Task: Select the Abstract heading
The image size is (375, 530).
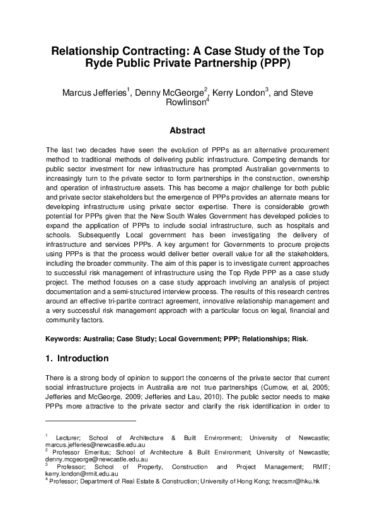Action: (x=187, y=131)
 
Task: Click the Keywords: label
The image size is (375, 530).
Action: (x=66, y=339)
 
